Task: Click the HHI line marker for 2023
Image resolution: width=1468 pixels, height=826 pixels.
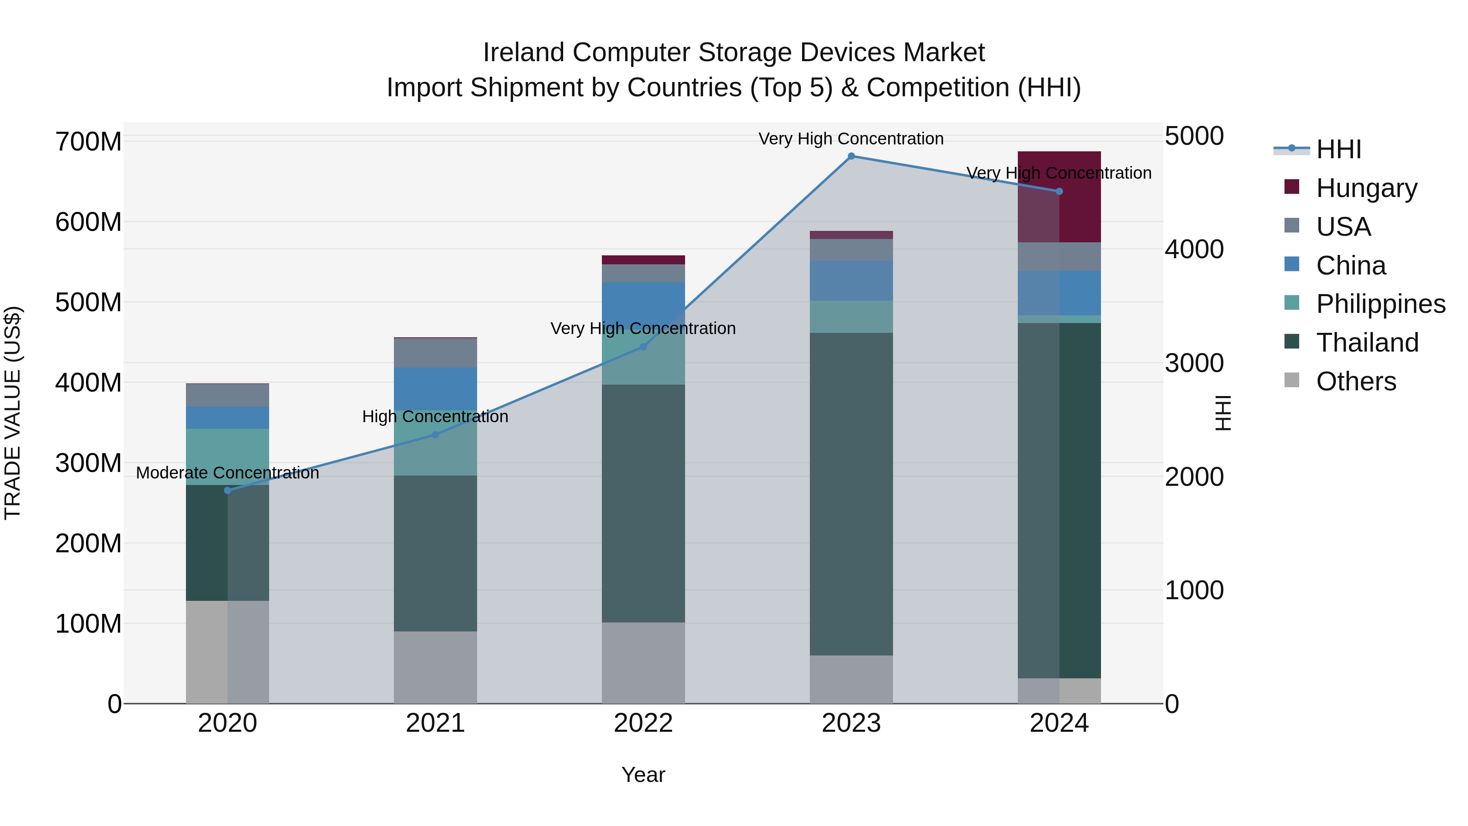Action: coord(851,156)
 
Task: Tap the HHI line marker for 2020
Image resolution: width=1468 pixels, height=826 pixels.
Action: coord(228,490)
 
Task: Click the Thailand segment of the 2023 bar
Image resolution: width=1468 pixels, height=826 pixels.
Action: coord(851,494)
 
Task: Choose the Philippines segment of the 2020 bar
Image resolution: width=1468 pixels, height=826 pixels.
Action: coord(228,456)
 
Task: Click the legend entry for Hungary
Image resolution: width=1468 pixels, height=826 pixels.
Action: coord(1366,188)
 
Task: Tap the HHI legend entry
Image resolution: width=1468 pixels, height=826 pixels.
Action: coord(1338,149)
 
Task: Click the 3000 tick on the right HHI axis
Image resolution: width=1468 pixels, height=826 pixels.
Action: coord(1193,363)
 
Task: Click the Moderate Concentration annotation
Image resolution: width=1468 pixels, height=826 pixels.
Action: coord(228,473)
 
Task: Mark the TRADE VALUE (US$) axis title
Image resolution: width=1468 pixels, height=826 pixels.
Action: coord(13,413)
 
